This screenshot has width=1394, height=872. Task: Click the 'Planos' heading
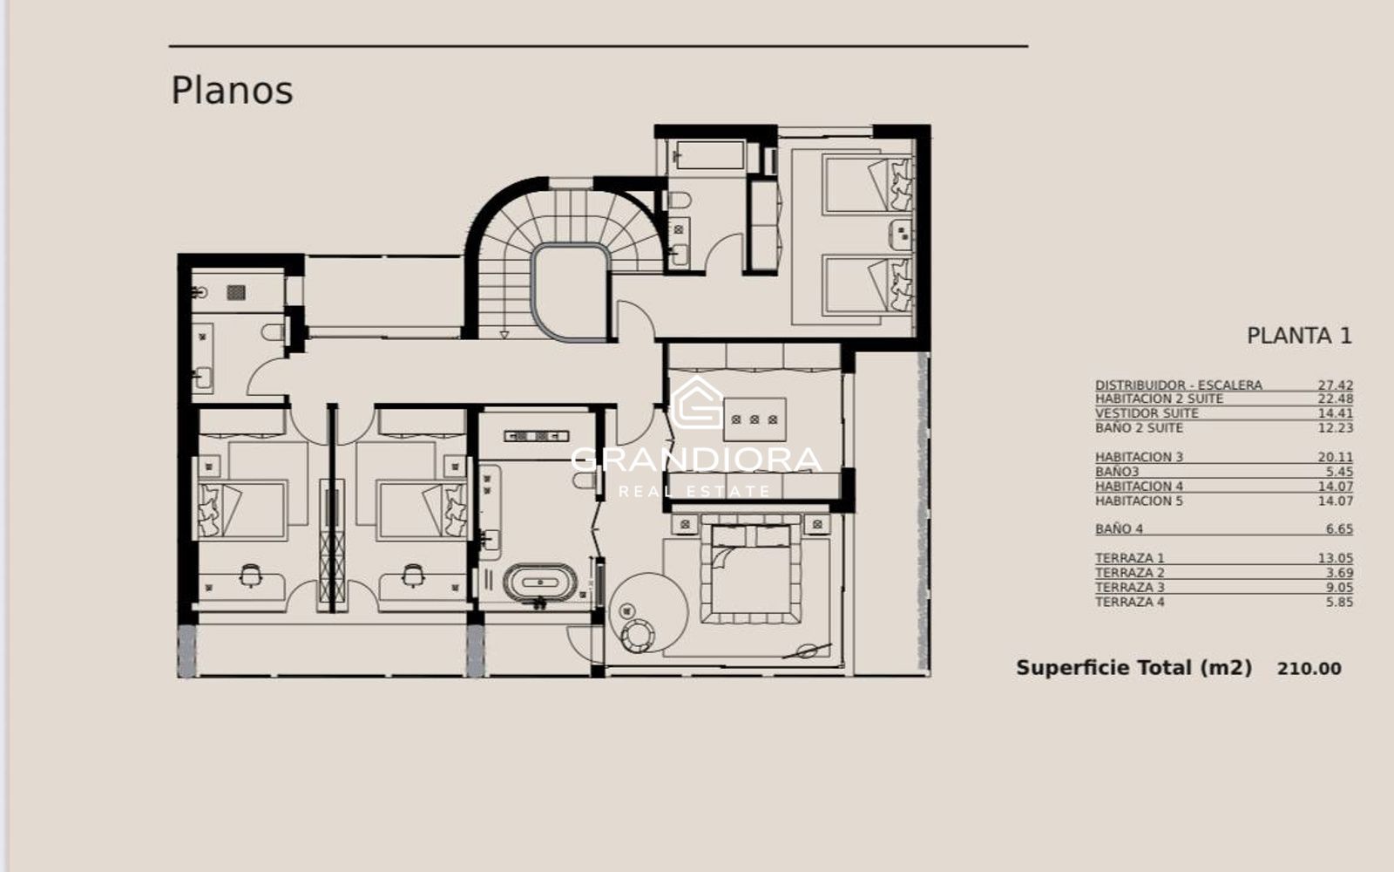232,91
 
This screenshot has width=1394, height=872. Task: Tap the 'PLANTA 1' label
1299,337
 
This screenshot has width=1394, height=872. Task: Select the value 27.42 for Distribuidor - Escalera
1336,385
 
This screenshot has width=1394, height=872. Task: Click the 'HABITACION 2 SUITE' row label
1159,399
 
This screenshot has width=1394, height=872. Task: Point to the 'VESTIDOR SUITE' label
1147,413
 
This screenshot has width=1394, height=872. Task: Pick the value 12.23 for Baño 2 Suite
1336,428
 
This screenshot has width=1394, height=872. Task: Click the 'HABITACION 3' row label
1139,457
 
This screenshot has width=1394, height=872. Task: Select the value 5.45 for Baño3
1339,472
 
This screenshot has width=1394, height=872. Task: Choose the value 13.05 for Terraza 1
1336,559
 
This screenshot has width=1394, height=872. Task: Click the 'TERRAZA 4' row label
1129,603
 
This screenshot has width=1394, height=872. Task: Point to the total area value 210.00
1309,669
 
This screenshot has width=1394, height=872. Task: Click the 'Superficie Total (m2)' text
1133,668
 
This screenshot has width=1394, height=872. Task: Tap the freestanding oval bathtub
539,583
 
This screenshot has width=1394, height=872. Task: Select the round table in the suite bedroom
649,613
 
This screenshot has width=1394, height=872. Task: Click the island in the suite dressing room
755,419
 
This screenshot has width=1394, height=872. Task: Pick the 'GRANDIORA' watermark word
696,460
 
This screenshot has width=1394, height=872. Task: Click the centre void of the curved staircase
571,293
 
